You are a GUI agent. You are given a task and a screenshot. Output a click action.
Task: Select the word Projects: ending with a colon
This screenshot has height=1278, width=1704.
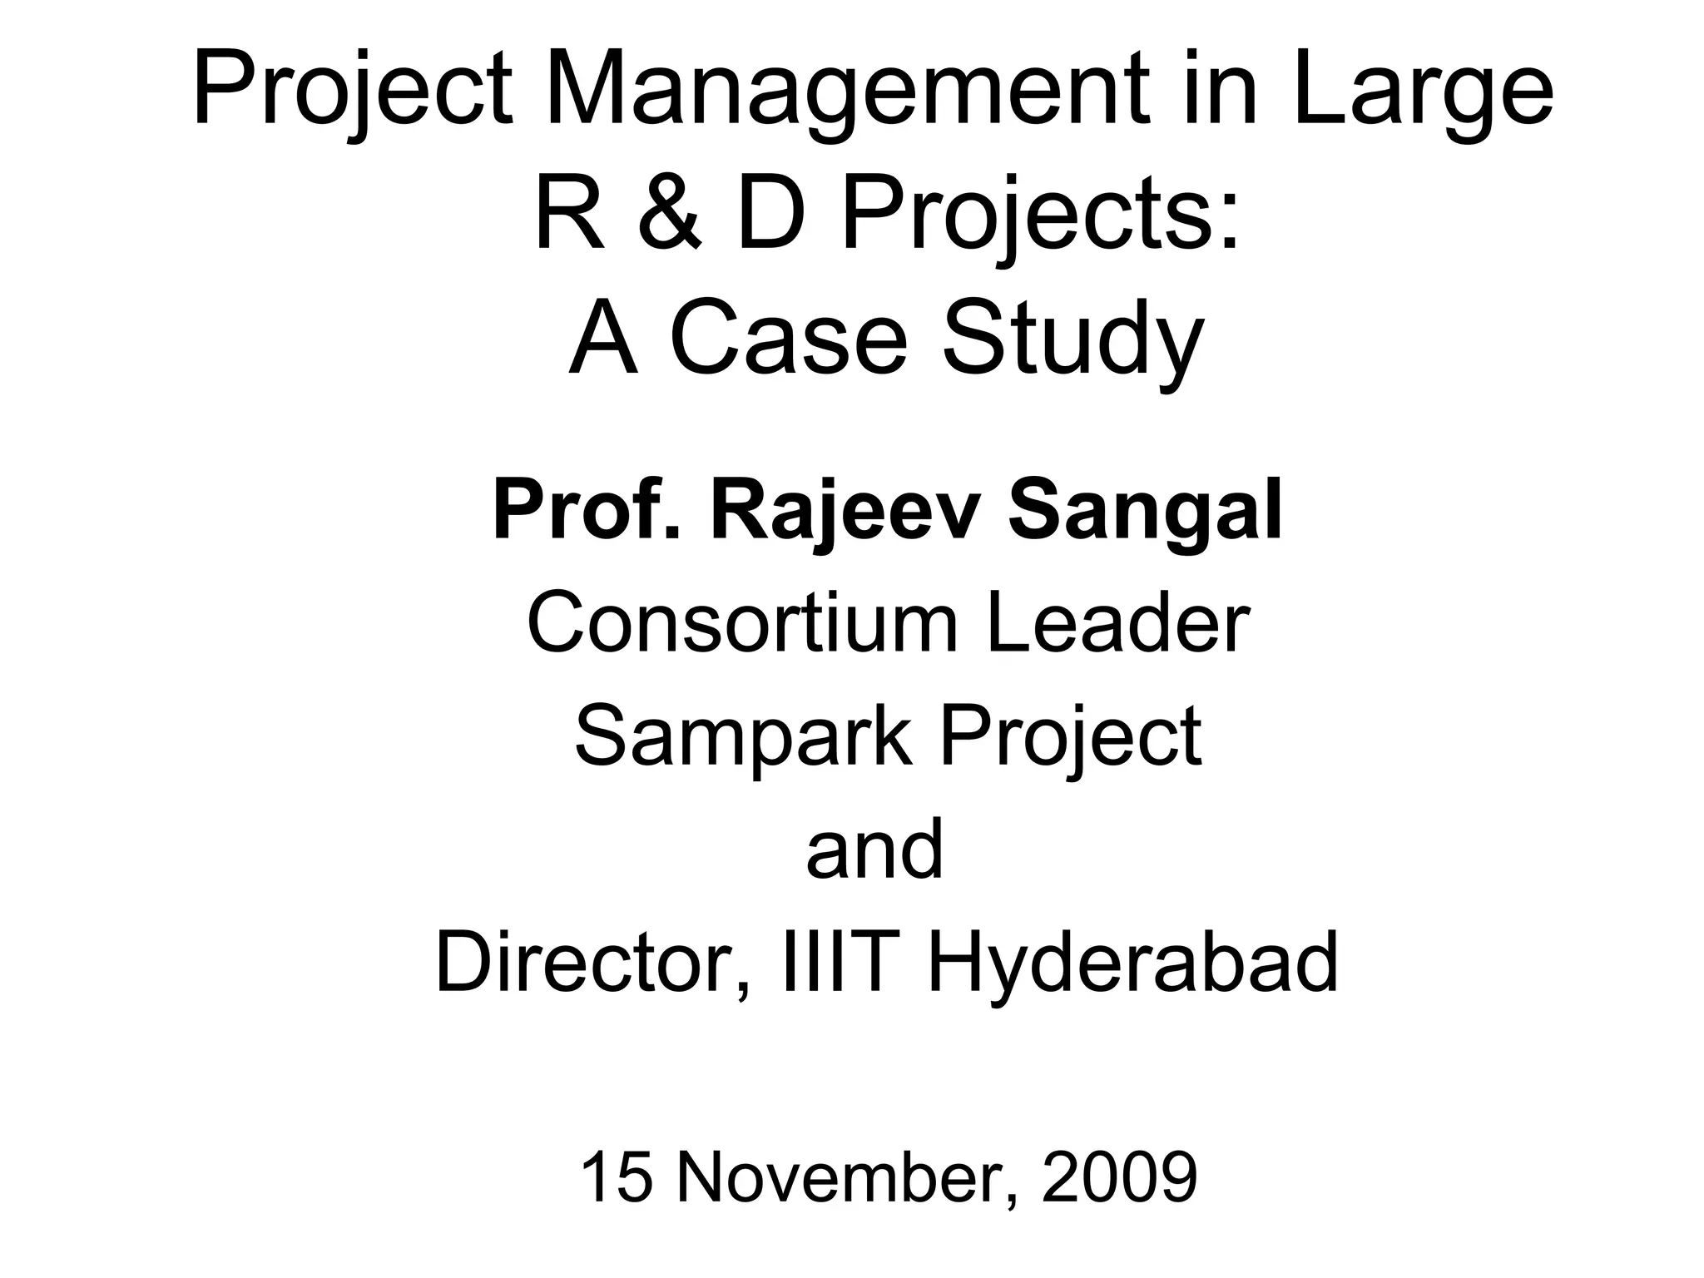click(x=1040, y=214)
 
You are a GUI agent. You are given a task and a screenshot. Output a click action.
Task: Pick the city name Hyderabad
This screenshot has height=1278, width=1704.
click(x=1132, y=963)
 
